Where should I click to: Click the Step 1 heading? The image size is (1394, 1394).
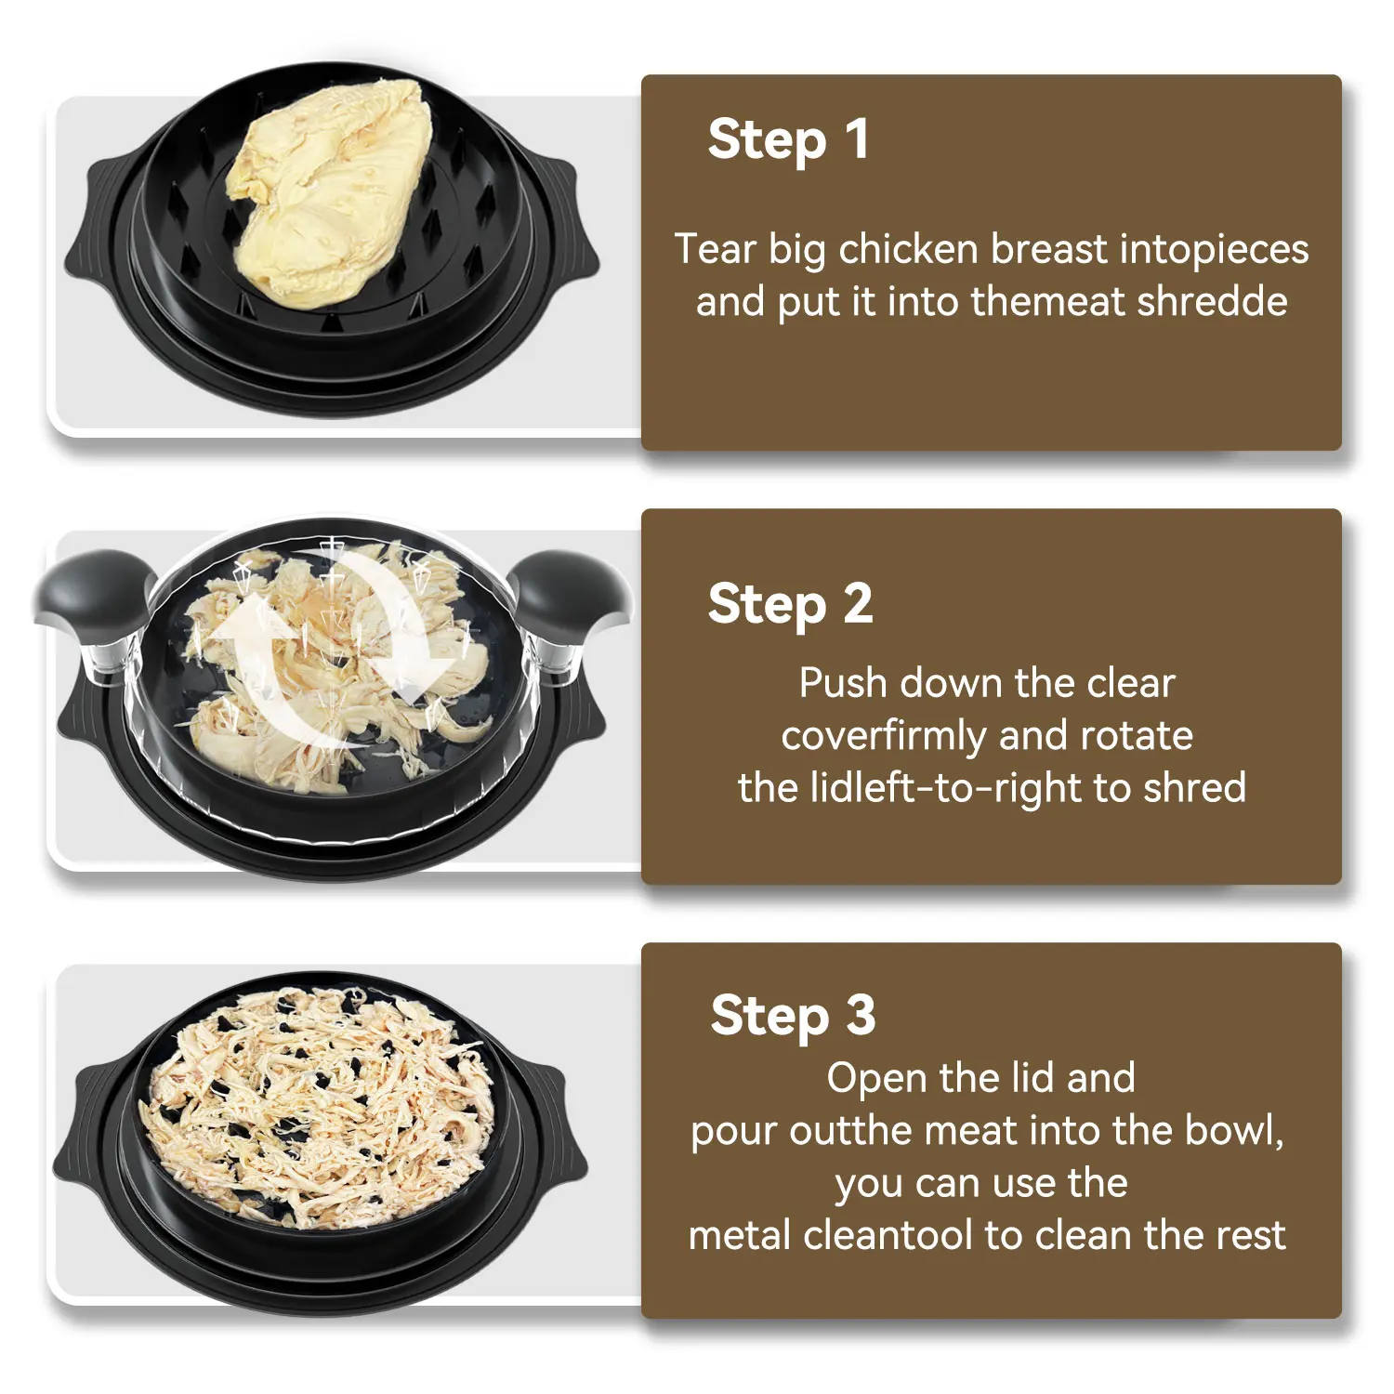tap(788, 139)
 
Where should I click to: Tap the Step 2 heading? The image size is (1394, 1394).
tap(790, 604)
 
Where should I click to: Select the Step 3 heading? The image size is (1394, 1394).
tap(793, 1015)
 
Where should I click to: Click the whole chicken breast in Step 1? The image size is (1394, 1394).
tap(330, 191)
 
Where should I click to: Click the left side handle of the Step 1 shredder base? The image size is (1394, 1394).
tap(98, 223)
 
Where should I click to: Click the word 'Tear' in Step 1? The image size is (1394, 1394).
tap(715, 249)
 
